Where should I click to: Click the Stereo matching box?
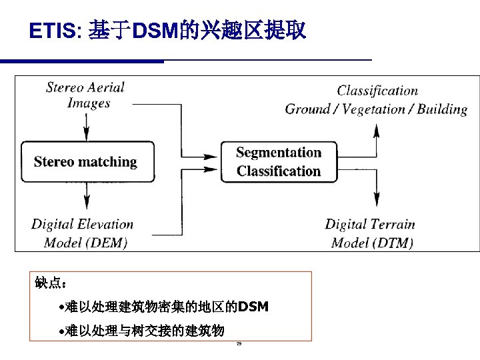85,161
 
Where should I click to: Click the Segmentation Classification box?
279,161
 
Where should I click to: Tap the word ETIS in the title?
53,31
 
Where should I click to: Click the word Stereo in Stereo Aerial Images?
65,87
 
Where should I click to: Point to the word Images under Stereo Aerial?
88,103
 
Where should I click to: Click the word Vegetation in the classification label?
374,109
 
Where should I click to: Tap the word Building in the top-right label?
442,109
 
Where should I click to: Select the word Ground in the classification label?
307,109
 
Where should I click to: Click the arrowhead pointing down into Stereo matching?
86,134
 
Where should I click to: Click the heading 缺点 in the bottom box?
48,284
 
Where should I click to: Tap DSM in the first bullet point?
253,307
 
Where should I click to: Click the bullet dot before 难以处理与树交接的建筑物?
61,331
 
